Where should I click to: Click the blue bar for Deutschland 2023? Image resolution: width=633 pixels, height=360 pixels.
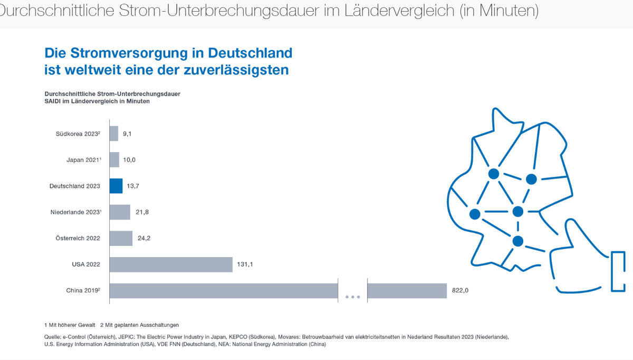click(116, 186)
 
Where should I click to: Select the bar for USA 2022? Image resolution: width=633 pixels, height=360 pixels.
click(171, 264)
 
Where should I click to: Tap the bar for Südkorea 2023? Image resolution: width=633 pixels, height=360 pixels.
click(114, 134)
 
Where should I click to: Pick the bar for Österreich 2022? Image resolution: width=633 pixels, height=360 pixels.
click(121, 238)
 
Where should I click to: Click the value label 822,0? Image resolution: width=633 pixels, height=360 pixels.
click(460, 290)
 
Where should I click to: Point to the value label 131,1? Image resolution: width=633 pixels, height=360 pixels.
click(245, 264)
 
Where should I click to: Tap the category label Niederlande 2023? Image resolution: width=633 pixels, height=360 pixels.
click(75, 212)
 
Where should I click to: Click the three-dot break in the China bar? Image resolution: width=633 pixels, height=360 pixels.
click(352, 297)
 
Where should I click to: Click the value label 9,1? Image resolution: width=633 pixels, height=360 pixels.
click(127, 134)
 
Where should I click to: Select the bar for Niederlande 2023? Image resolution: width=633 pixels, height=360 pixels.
click(120, 212)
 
